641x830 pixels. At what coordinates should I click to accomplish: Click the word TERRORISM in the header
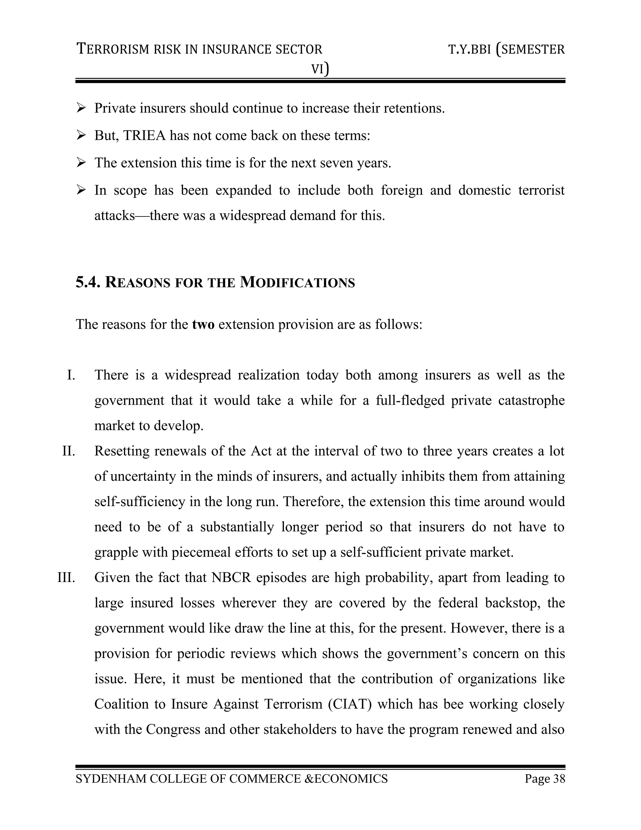tap(114, 49)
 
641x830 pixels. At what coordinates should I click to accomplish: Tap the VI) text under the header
tap(320, 69)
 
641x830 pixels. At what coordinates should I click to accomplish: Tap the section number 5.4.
tap(88, 283)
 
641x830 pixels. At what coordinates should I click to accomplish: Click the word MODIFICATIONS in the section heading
tap(297, 283)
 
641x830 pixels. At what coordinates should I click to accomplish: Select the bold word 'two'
tap(203, 324)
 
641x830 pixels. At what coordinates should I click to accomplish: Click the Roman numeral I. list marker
tap(71, 375)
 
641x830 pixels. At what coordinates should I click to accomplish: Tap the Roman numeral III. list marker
tap(66, 578)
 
